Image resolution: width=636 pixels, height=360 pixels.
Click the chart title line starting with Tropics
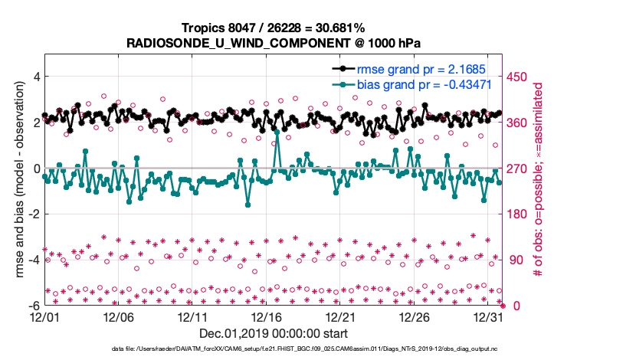pos(273,28)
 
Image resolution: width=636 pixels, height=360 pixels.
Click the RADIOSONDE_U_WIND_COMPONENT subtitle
pos(273,43)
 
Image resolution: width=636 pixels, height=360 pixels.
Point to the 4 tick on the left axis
pos(34,77)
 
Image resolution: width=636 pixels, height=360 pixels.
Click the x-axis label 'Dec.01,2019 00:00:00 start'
pos(273,334)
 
